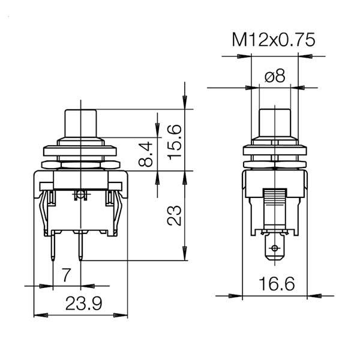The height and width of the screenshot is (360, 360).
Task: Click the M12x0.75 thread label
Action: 274,40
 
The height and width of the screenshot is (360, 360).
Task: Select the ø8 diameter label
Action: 275,76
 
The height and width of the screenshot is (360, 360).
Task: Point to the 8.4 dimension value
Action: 146,154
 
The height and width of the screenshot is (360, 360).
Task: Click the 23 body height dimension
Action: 174,215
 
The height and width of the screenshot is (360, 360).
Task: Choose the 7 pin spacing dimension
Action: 66,275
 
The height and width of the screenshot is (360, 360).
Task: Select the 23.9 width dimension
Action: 83,303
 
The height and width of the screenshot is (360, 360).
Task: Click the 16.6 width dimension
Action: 277,284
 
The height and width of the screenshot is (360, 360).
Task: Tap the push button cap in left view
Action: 80,124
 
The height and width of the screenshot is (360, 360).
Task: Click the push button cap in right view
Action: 275,123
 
